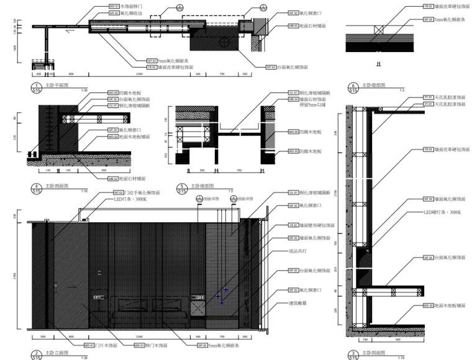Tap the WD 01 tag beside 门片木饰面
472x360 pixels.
[x=88, y=344]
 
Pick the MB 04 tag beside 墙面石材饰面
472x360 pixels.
[x=291, y=99]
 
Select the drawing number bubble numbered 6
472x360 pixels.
[x=353, y=87]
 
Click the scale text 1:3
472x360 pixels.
[x=402, y=91]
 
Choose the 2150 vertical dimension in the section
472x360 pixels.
[x=336, y=196]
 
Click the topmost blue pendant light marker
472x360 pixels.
[x=226, y=290]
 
